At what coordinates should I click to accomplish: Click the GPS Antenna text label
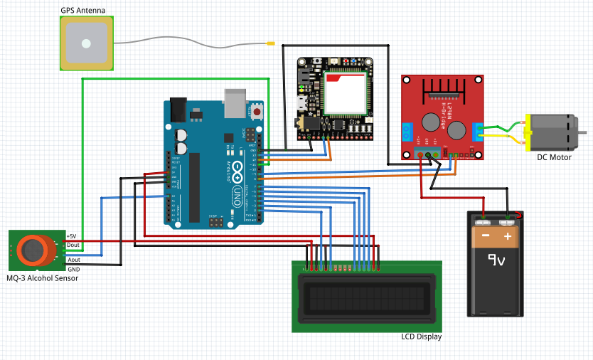[82, 11]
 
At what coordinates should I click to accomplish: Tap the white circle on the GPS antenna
[86, 43]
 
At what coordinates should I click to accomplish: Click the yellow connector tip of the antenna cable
[271, 44]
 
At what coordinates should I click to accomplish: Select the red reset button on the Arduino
[257, 112]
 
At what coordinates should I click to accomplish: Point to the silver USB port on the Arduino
[233, 102]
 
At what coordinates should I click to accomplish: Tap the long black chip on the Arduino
[194, 186]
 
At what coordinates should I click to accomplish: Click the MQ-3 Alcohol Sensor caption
[42, 278]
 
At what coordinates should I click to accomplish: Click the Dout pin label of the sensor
[73, 245]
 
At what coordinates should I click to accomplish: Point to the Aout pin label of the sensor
[73, 260]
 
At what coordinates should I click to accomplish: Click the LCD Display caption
[421, 337]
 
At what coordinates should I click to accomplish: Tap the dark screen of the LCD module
[367, 299]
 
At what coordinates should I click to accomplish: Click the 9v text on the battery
[496, 262]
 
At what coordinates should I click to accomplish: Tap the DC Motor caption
[554, 157]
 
